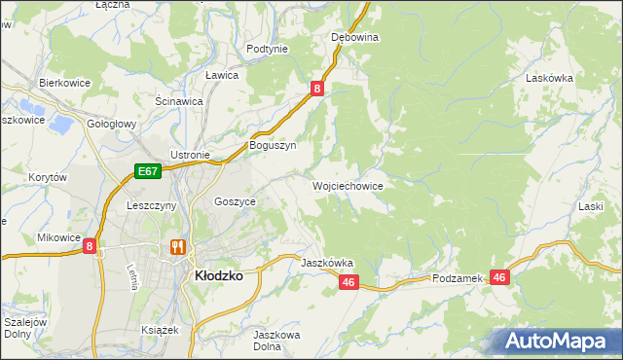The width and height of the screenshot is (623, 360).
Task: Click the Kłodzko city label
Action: coord(219,275)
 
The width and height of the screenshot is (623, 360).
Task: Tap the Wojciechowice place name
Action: coord(347,185)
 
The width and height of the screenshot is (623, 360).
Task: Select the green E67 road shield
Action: coord(147,172)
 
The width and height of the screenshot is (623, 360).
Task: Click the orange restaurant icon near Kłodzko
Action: coord(177,247)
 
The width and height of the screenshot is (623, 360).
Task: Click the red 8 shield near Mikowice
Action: coord(91,247)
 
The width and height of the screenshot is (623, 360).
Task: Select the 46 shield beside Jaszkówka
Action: coord(350,282)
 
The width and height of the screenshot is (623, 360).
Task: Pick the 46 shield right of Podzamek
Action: coord(499,277)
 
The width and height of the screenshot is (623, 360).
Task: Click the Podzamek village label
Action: coord(458,278)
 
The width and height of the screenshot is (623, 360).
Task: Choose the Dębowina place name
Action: coord(354,37)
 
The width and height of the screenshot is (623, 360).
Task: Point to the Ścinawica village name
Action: coord(179,100)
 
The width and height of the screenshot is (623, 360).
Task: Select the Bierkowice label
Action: coord(64,83)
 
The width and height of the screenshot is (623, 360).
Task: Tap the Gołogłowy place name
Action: coord(111,125)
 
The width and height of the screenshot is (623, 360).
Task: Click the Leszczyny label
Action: coord(151,206)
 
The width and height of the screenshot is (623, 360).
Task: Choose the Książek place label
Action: coord(161,330)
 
